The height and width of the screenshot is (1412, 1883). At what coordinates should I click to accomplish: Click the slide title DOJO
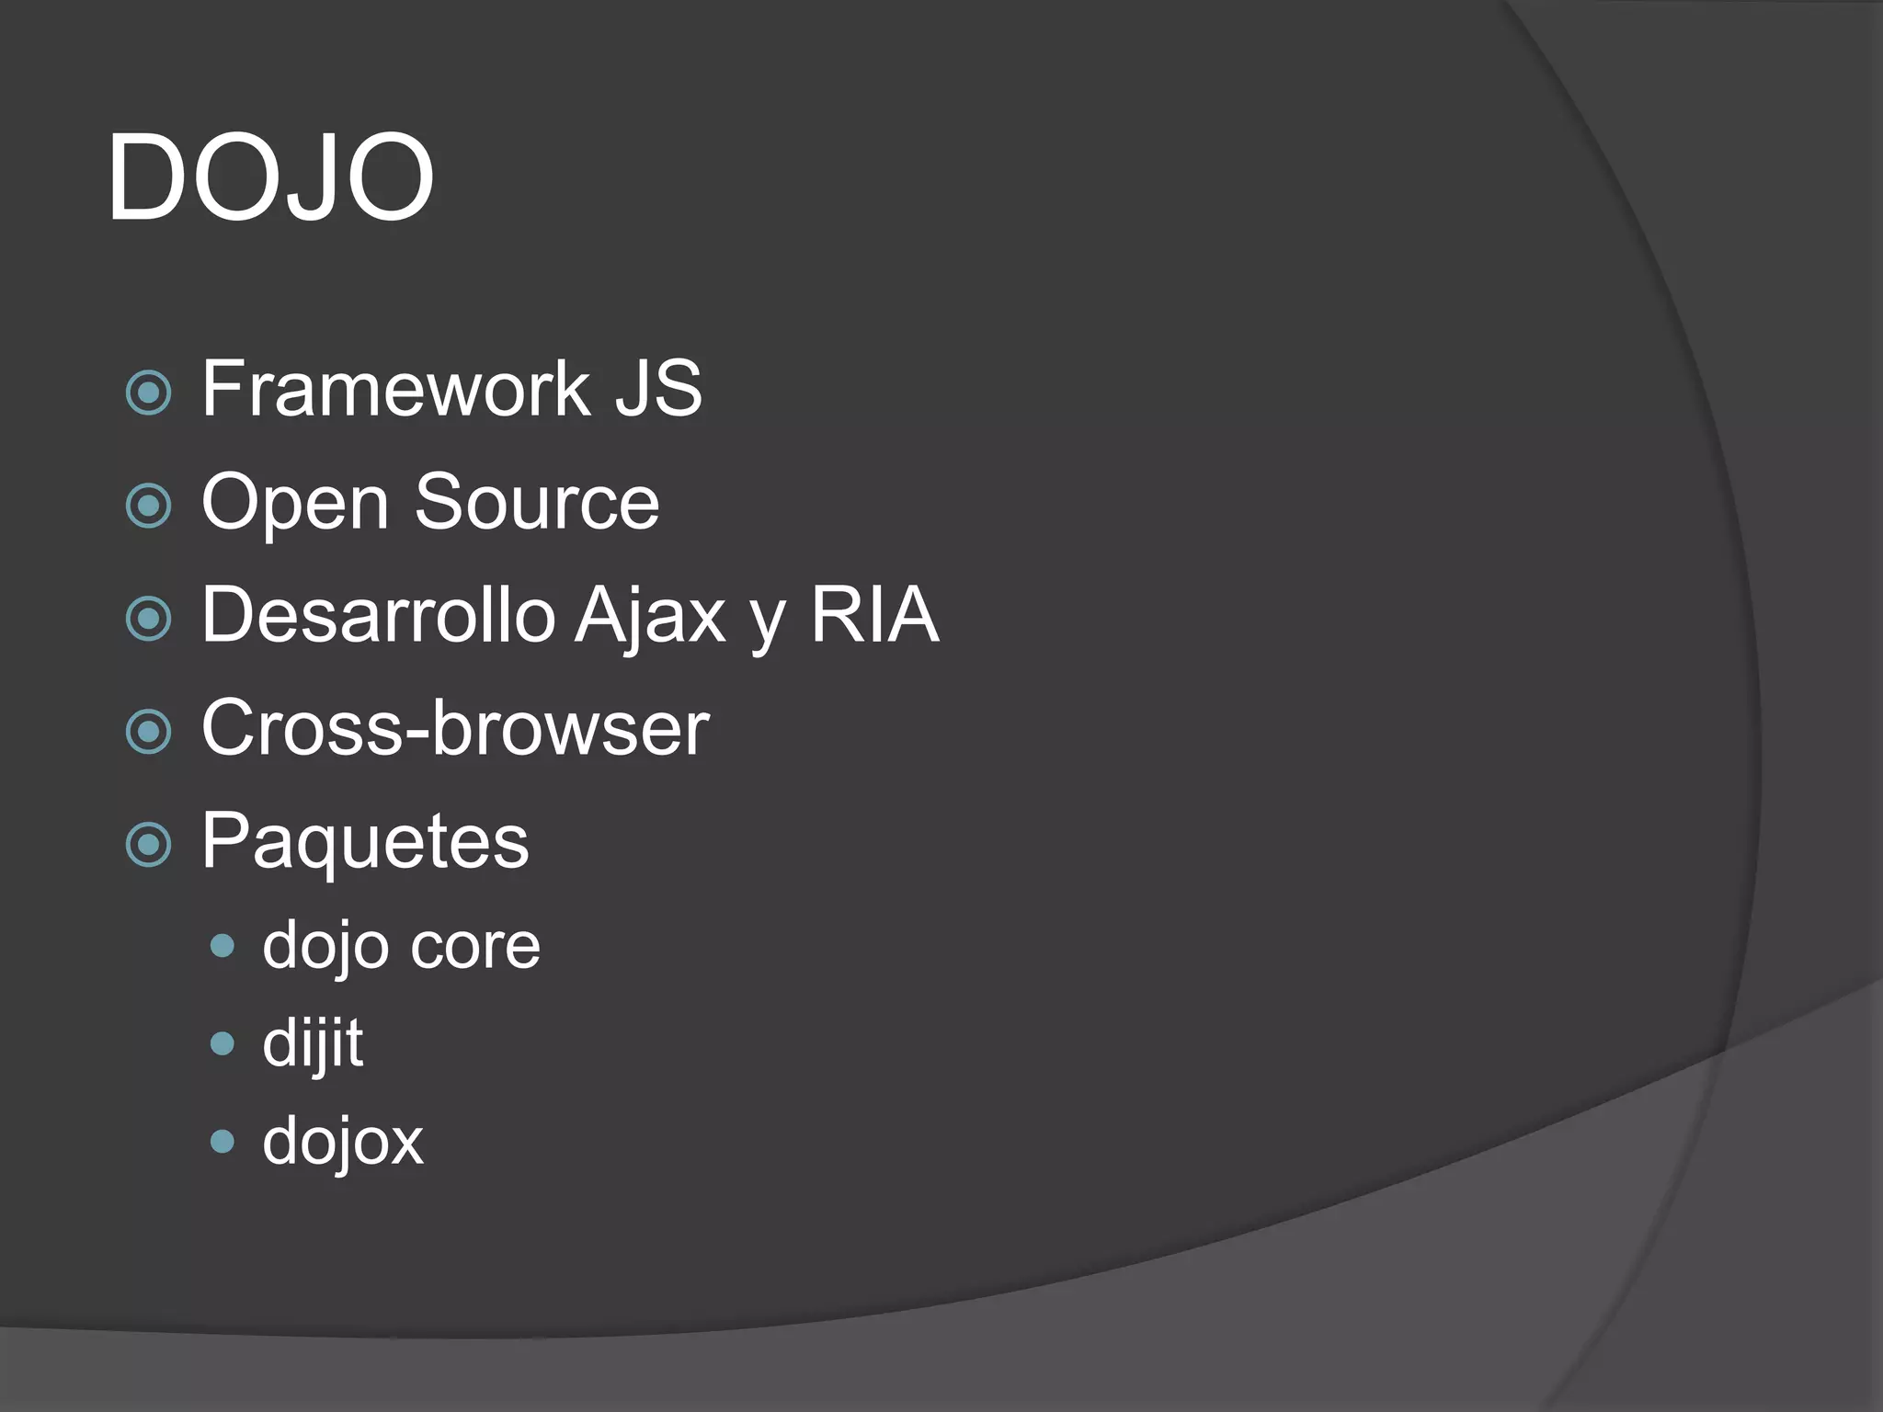(x=270, y=176)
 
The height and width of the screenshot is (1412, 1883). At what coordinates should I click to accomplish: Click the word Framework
(x=394, y=389)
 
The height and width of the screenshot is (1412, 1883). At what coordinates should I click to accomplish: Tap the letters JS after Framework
(x=657, y=389)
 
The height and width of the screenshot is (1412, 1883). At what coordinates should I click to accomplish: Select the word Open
(x=295, y=504)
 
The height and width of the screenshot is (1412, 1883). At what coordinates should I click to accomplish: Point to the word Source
(x=537, y=502)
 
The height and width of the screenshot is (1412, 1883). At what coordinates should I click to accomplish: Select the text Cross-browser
(x=455, y=728)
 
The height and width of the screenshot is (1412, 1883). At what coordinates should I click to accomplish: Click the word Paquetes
(x=365, y=841)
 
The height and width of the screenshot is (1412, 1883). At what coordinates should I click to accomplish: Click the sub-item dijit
(x=313, y=1044)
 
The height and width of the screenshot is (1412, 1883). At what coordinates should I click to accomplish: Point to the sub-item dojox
(x=343, y=1142)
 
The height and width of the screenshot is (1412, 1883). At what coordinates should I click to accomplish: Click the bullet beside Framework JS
(x=149, y=393)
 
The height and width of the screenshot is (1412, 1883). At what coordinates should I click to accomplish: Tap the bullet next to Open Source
(x=149, y=506)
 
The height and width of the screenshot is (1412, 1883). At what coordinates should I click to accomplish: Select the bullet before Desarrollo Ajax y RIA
(x=149, y=619)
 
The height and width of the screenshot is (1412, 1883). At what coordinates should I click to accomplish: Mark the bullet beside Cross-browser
(x=149, y=732)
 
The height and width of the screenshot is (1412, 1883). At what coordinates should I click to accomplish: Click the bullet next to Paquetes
(x=149, y=845)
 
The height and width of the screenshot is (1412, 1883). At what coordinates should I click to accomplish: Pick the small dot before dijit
(x=223, y=1043)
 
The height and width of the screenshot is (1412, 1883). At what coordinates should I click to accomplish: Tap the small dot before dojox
(x=223, y=1142)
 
